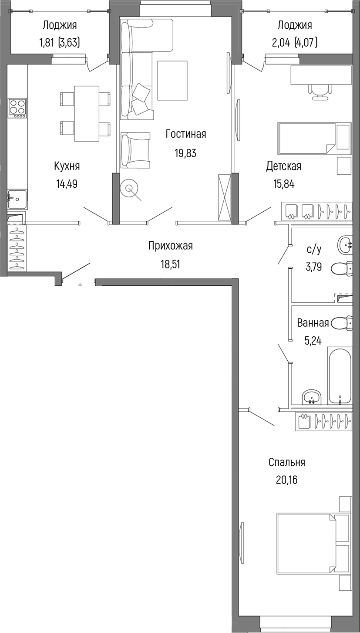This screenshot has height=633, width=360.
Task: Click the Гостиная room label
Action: (x=186, y=134)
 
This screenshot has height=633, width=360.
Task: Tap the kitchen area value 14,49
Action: (x=67, y=184)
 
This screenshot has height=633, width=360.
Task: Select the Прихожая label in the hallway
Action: (x=171, y=246)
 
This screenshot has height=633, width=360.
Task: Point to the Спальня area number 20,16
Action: (x=286, y=480)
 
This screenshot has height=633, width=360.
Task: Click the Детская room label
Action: (x=283, y=166)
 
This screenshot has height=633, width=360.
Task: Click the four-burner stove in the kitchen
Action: (x=17, y=108)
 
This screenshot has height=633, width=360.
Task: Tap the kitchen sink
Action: (x=17, y=200)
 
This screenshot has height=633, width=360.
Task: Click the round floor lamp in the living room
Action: (x=129, y=187)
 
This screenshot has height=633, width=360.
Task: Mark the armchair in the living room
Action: (x=135, y=151)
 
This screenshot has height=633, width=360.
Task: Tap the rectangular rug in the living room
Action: (x=172, y=80)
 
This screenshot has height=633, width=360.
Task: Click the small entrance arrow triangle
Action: (x=80, y=284)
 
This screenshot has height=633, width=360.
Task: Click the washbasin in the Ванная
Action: (x=312, y=397)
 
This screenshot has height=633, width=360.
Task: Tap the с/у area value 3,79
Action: (x=314, y=267)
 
